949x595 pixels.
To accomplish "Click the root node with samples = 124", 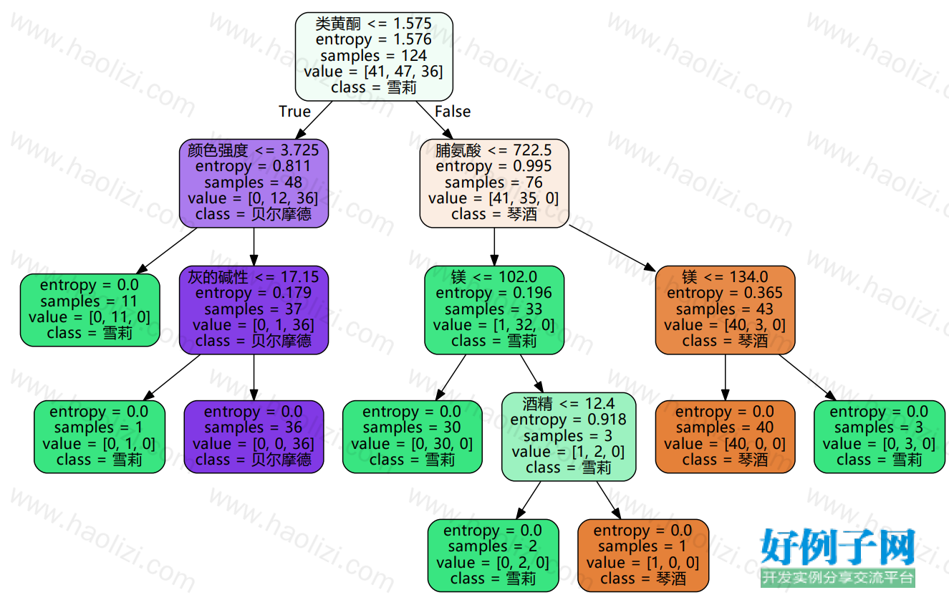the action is point(374,57).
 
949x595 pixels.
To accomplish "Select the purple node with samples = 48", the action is point(254,183).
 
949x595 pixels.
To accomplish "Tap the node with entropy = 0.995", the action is point(494,183).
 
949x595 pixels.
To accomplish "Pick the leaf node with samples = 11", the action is point(90,310).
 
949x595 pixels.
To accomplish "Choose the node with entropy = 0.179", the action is point(254,310).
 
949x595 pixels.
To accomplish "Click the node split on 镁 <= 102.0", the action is point(494,310).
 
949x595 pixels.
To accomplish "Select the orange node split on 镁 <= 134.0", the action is point(725,310).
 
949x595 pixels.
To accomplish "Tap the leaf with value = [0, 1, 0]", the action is point(99,437).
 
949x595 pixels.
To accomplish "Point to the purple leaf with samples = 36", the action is point(254,437).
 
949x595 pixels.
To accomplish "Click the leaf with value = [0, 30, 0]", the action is point(413,437).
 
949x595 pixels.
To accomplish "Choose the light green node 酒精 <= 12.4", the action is point(569,437).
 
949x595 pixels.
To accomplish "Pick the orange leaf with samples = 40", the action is point(725,437).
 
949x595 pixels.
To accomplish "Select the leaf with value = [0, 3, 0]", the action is point(879,437).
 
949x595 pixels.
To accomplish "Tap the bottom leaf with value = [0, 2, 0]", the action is point(493,555).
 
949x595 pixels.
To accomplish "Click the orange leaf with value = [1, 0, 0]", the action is point(643,555).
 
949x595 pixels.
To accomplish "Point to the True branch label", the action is point(294,112).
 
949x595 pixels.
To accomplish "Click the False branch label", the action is point(453,112).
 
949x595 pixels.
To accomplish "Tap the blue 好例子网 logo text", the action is point(837,547).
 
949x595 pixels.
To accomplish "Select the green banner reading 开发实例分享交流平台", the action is point(837,578).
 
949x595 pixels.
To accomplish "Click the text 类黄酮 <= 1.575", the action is point(373,24).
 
